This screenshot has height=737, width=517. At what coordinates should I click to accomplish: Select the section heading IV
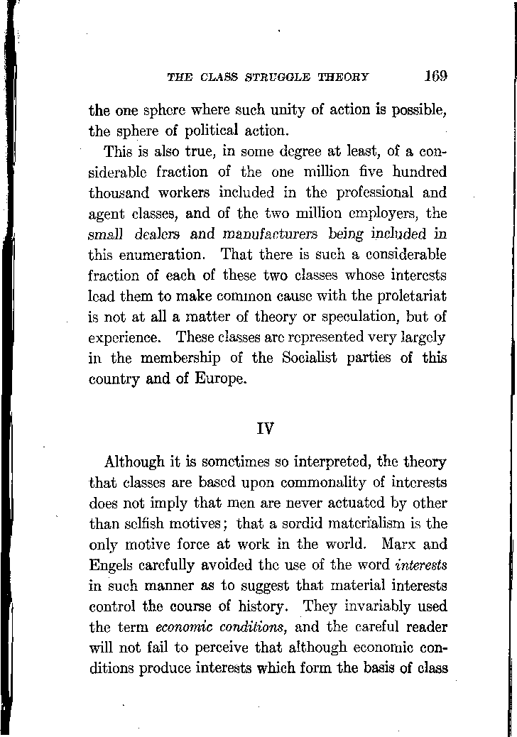pos(267,429)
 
